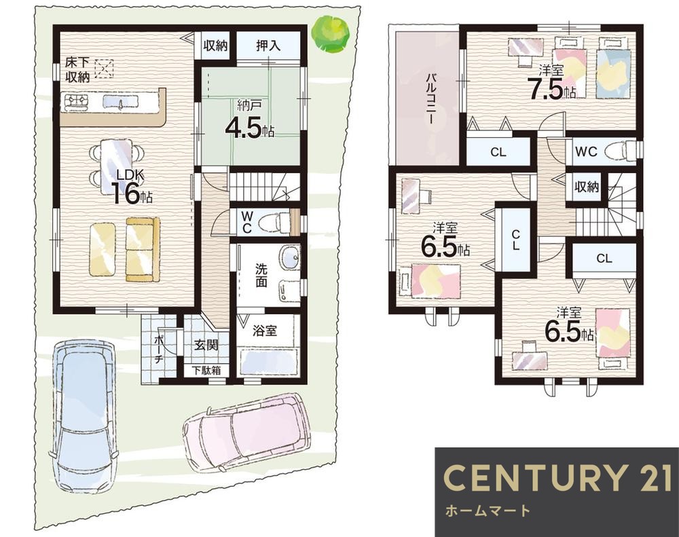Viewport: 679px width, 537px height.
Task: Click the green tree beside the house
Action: coord(331,34)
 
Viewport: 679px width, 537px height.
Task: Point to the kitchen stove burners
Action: coord(77,101)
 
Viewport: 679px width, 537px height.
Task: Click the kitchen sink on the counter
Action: coord(121,101)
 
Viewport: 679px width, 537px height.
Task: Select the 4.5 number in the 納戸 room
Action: coord(243,128)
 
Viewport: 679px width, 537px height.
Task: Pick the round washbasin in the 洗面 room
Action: coord(289,257)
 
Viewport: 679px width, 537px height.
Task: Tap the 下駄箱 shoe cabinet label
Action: coord(207,371)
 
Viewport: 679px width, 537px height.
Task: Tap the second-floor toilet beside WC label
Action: coord(621,151)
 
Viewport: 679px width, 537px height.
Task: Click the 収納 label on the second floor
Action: coord(587,187)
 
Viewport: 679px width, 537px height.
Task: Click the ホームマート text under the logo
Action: coord(488,511)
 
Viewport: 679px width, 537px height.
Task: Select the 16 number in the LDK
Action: coord(126,193)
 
